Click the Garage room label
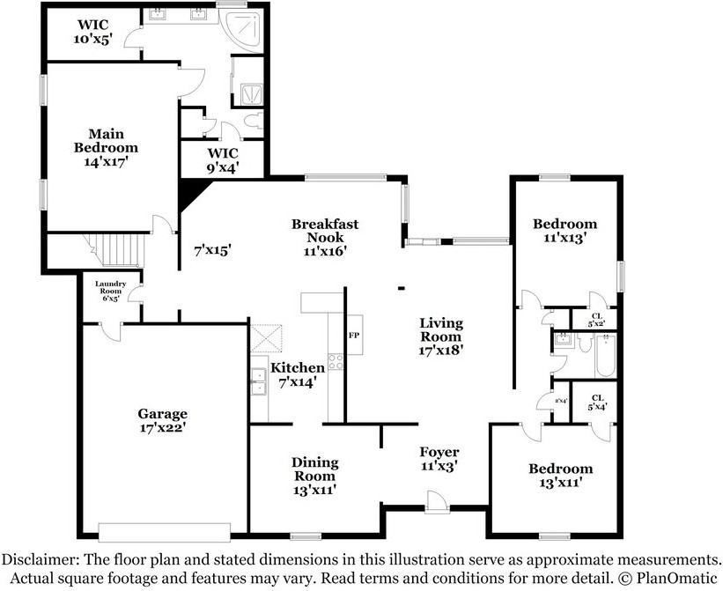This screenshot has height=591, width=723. (161, 420)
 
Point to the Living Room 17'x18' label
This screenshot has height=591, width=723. (440, 336)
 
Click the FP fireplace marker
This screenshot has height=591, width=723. (354, 335)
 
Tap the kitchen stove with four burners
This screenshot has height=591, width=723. (336, 360)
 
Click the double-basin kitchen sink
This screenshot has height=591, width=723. (258, 381)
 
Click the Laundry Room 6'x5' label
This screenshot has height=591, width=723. (111, 291)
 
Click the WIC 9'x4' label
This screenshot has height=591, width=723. (210, 159)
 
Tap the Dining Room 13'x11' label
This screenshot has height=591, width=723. (314, 476)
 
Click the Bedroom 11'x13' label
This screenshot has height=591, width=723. (564, 230)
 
